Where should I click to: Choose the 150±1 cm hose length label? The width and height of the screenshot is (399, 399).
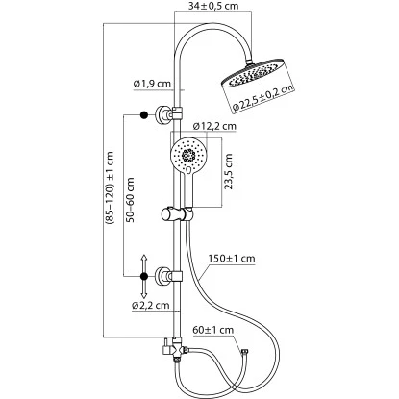click(x=231, y=257)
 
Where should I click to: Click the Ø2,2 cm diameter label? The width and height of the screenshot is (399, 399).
click(x=152, y=305)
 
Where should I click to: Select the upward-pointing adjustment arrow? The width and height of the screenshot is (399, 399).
click(x=143, y=262)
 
